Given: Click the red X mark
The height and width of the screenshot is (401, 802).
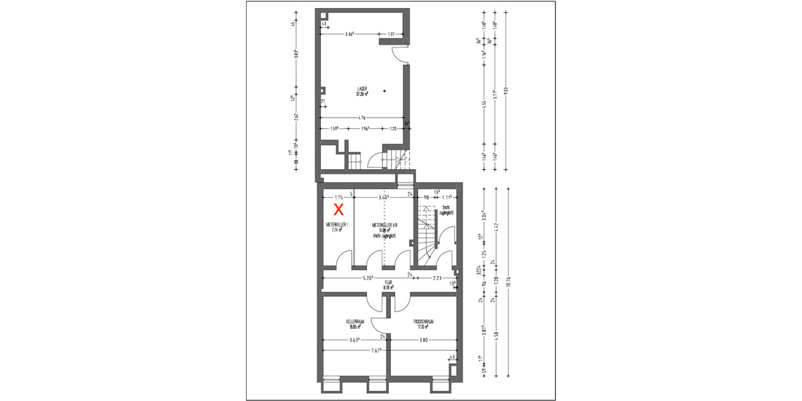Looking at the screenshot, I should [x=339, y=209].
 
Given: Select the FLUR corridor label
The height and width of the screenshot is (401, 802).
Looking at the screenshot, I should [x=387, y=285].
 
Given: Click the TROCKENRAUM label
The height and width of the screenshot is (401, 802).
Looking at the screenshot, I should [x=423, y=323].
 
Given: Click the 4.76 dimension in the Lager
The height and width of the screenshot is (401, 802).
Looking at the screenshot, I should [x=362, y=118].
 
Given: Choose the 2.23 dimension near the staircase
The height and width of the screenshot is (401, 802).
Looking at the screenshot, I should [x=437, y=278].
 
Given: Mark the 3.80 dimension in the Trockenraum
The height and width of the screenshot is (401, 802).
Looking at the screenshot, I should [x=424, y=340].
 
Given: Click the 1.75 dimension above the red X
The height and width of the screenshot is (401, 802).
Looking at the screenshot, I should [x=338, y=197].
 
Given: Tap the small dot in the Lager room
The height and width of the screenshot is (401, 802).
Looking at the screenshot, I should [x=385, y=91].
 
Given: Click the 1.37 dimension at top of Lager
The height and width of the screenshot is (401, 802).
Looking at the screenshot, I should [x=392, y=34].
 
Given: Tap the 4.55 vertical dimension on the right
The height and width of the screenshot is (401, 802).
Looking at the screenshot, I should [x=483, y=104].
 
